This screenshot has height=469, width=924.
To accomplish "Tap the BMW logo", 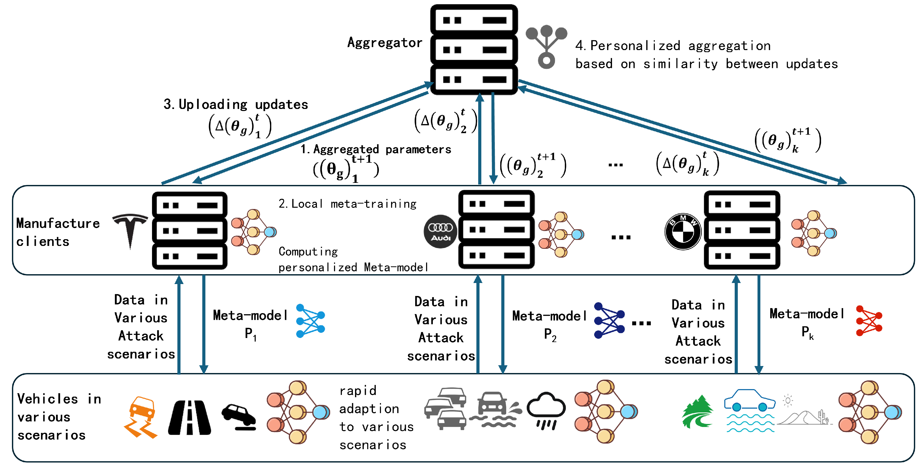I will click(683, 231).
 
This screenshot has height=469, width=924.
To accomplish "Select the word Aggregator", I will click(385, 43).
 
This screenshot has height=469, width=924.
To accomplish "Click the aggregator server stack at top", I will click(474, 50).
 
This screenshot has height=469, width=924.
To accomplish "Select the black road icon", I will click(189, 418).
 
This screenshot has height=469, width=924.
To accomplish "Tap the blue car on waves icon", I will click(750, 411).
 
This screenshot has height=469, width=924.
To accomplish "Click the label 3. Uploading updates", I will click(236, 105).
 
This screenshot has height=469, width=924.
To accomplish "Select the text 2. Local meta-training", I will click(347, 204).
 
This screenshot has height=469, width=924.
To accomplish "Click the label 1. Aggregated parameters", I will click(376, 149).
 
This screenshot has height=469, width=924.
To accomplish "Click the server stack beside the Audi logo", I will click(496, 230).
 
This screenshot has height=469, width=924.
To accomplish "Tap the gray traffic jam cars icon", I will click(446, 408).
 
